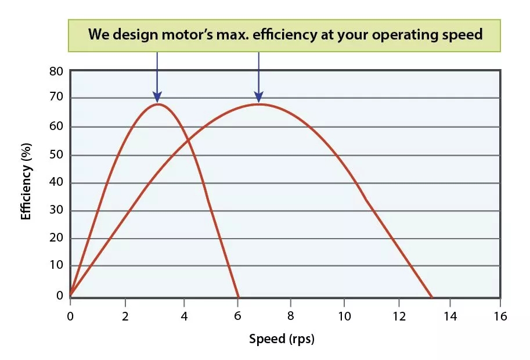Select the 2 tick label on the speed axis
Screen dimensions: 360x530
click(x=125, y=316)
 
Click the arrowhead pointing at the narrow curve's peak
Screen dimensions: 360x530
click(x=157, y=98)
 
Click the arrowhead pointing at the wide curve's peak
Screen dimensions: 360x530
click(x=258, y=98)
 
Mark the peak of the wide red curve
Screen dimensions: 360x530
click(x=258, y=105)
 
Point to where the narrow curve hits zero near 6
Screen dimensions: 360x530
click(x=238, y=296)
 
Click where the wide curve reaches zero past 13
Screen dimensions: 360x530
click(x=432, y=296)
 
